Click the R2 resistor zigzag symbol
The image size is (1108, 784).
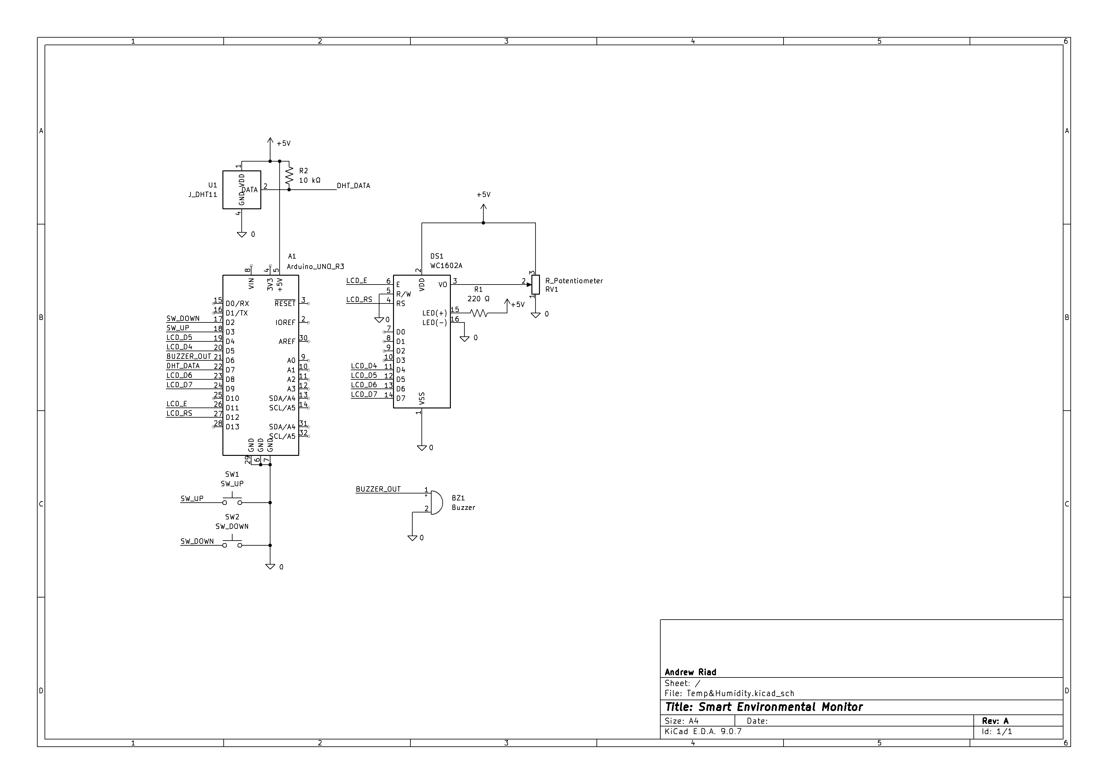click(289, 176)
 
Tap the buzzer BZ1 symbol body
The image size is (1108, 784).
click(435, 503)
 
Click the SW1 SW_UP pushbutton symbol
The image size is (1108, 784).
click(232, 500)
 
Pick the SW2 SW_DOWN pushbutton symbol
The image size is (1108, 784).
click(232, 542)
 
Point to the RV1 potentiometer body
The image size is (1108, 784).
click(535, 285)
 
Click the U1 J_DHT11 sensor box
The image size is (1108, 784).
click(241, 190)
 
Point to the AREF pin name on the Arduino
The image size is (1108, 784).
click(287, 341)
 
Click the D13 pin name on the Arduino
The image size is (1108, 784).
click(232, 427)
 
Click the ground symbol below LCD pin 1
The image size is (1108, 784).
click(422, 448)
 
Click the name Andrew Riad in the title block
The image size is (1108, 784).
click(690, 672)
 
